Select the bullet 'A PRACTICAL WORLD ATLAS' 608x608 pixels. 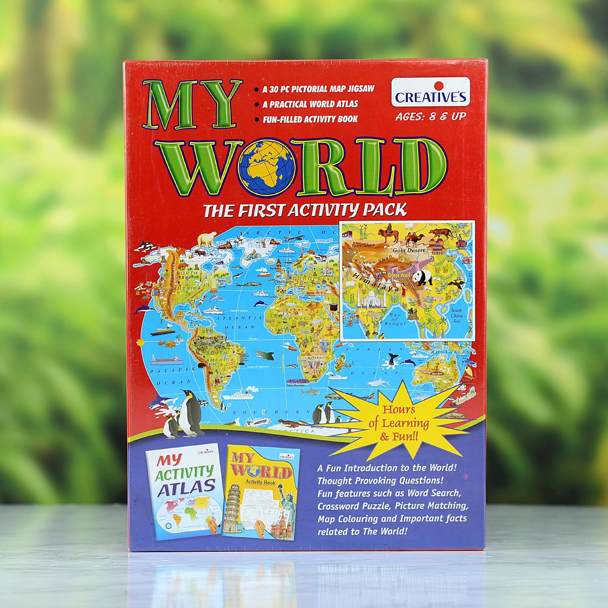310,104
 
